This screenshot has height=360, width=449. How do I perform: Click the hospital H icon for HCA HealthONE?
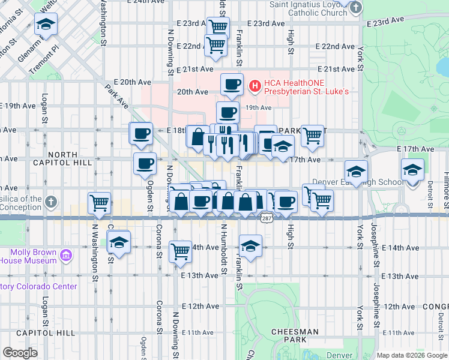[x=255, y=87]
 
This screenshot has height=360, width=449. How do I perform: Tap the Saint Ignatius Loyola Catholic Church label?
[x=309, y=8]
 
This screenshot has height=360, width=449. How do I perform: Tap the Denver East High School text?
[x=366, y=182]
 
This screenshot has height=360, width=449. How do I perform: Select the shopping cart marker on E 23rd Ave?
[x=218, y=26]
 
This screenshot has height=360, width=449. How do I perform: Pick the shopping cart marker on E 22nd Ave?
[x=215, y=44]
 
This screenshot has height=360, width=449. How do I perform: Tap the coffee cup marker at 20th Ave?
[x=232, y=84]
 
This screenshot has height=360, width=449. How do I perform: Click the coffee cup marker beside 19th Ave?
[x=228, y=112]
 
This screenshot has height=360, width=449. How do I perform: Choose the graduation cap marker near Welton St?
[x=45, y=25]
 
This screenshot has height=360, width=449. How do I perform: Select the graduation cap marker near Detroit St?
[x=412, y=169]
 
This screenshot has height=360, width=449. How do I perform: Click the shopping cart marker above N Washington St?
[x=99, y=202]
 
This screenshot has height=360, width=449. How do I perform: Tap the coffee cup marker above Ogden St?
[x=144, y=163]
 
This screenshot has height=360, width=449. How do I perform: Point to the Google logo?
[x=20, y=353]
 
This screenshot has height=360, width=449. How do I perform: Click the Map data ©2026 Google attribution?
[x=412, y=355]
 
